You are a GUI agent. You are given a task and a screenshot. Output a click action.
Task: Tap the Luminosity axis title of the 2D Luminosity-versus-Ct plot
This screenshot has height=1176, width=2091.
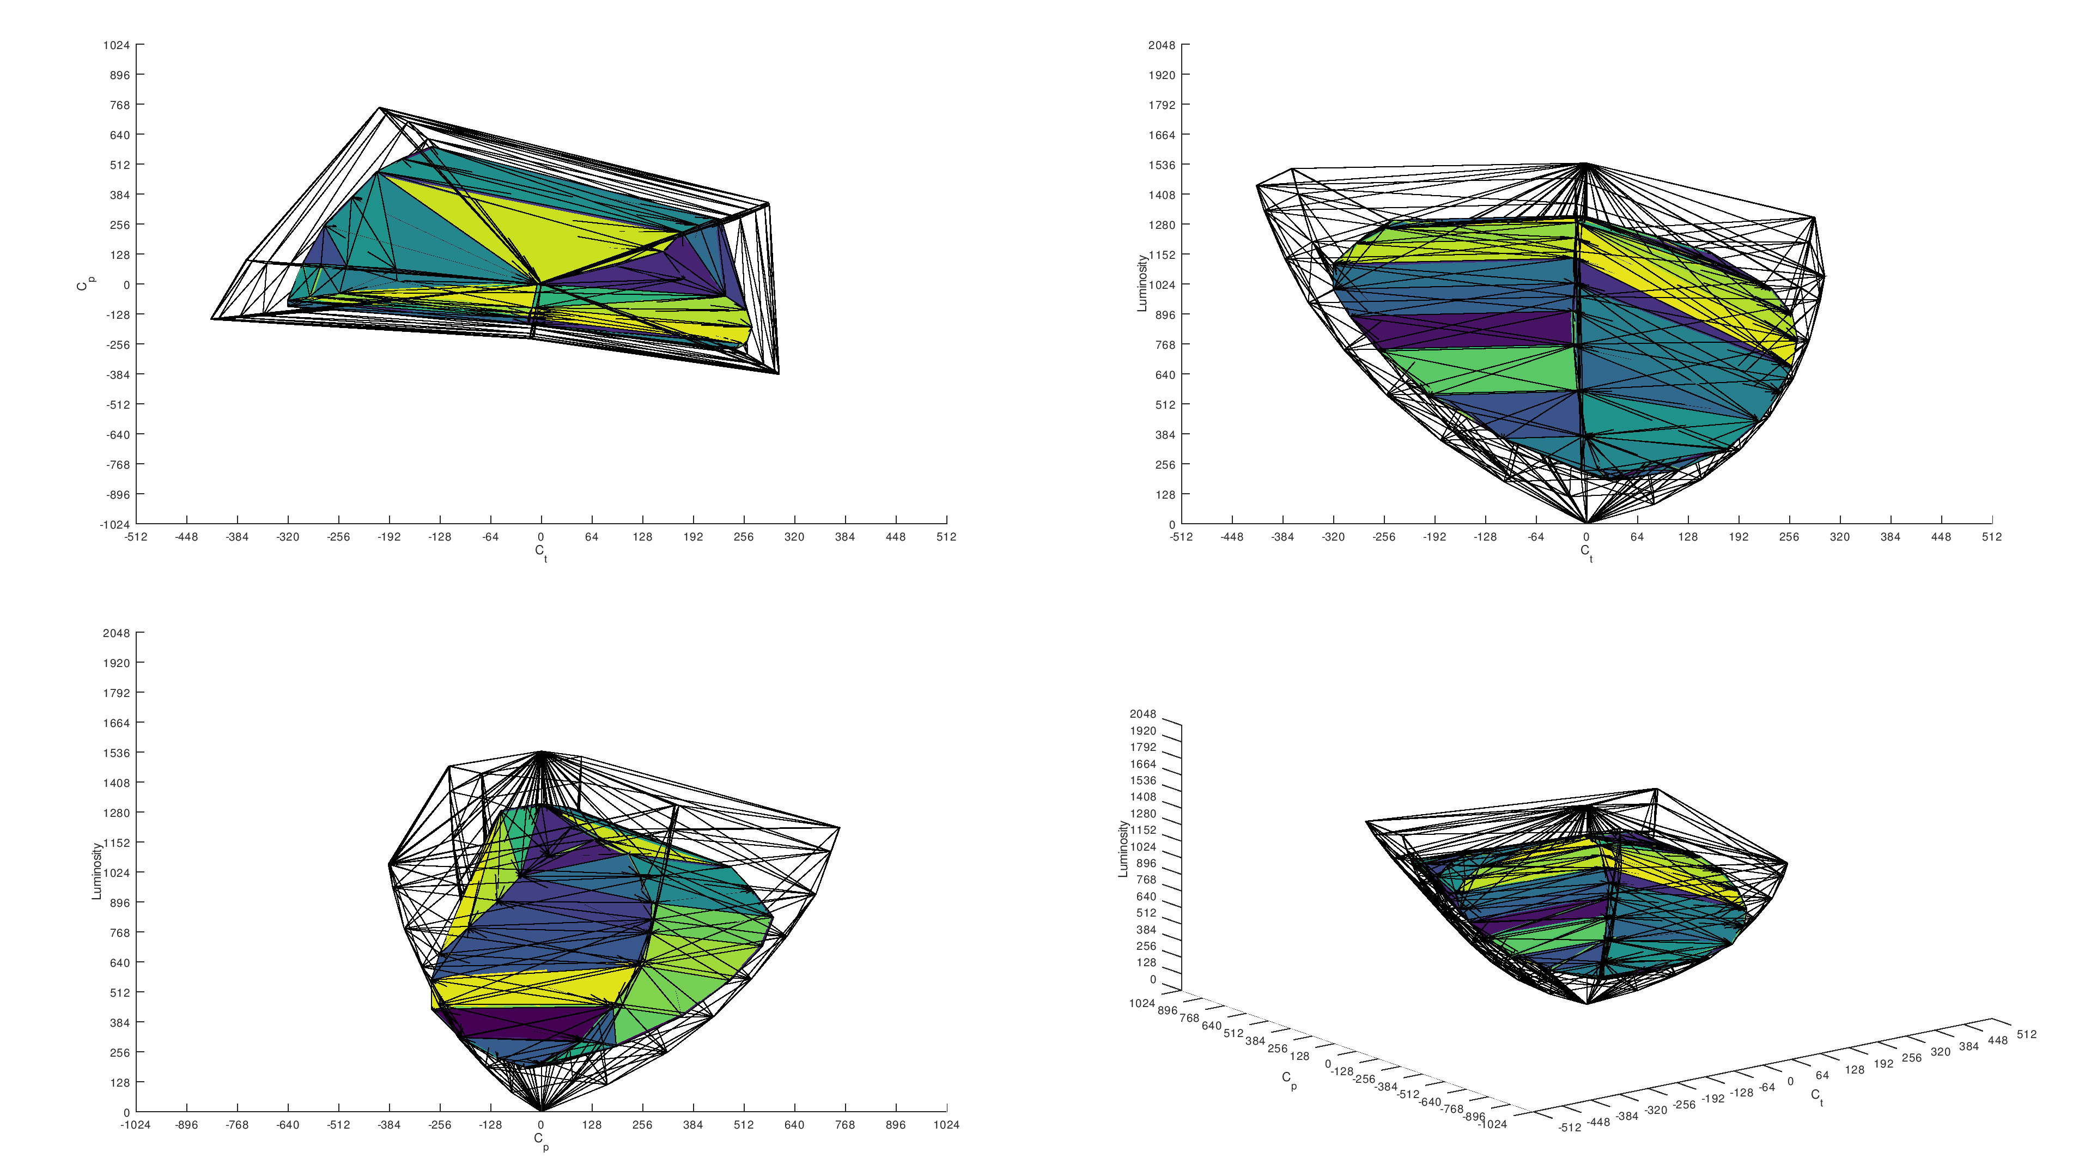pyautogui.click(x=1142, y=283)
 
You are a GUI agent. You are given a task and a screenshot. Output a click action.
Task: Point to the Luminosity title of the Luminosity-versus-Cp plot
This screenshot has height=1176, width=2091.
pyautogui.click(x=96, y=871)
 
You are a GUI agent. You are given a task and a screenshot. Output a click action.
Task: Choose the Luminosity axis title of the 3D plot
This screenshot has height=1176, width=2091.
pyautogui.click(x=1123, y=848)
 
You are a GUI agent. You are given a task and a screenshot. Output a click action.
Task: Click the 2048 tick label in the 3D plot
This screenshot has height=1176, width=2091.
pyautogui.click(x=1143, y=714)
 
